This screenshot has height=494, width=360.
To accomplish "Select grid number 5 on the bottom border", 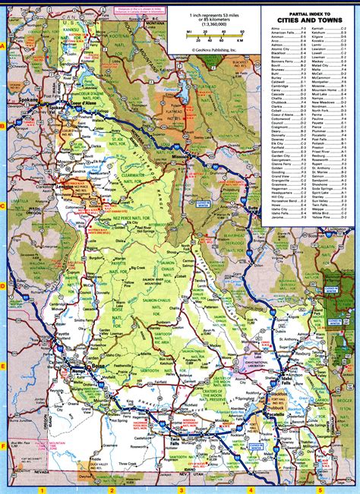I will coord(319,490).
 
